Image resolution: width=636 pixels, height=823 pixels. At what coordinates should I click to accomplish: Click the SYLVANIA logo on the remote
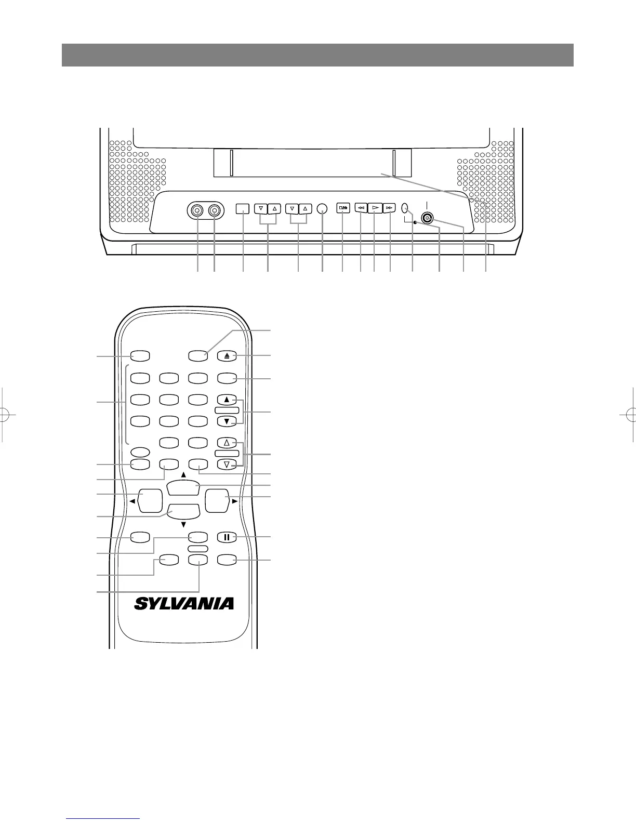coord(184,603)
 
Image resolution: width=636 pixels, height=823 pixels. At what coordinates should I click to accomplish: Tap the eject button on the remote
coord(227,356)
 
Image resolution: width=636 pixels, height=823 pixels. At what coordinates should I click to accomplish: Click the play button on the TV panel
coord(375,208)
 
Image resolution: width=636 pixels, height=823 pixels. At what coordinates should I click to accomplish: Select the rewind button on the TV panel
coord(361,208)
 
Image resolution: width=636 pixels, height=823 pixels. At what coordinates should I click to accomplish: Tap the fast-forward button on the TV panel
coord(389,208)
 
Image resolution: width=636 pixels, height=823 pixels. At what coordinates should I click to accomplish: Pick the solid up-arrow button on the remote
coord(227,400)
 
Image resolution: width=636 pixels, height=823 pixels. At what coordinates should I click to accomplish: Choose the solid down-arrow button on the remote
coord(227,421)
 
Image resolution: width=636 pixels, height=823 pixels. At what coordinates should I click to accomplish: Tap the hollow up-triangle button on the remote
coord(227,443)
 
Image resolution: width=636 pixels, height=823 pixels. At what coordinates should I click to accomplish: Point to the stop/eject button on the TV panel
coord(343,208)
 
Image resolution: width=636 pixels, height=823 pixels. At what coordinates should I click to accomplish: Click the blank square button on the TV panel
coord(243,208)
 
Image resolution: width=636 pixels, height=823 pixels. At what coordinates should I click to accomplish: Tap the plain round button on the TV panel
coord(322,208)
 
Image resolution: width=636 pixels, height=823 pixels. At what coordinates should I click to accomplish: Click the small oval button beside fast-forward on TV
coord(406,208)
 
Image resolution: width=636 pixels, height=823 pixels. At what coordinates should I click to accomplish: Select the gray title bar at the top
coord(317,55)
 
